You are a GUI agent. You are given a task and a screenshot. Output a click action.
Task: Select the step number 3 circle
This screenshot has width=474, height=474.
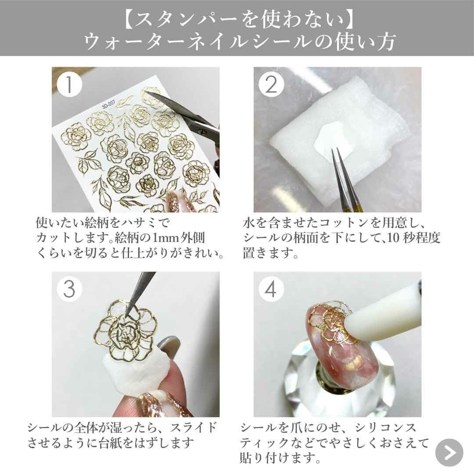coord(69,289)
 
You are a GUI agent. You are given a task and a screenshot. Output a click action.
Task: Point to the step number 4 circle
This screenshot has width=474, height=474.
coord(271,289)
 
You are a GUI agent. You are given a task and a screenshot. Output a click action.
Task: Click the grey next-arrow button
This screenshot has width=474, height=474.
coord(449,452)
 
